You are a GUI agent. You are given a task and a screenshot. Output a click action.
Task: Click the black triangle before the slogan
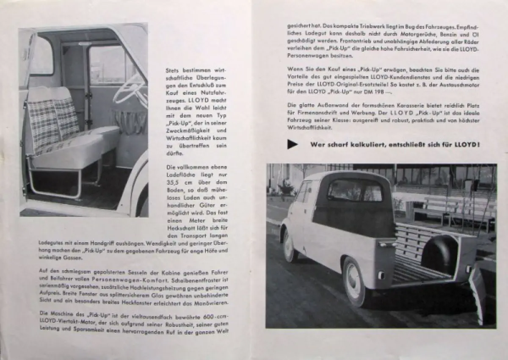[292, 144]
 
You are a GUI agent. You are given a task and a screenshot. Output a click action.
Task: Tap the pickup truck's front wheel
[290, 246]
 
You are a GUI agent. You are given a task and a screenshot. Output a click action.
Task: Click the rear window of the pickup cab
[355, 191]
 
